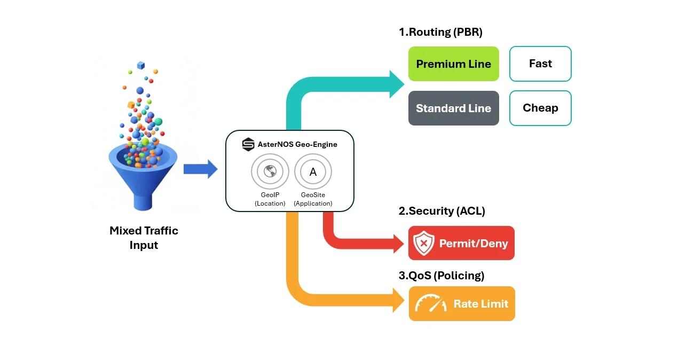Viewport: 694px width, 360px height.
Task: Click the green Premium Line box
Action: [453, 64]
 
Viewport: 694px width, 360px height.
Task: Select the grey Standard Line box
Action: [453, 108]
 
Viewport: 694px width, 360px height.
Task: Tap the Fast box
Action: [540, 64]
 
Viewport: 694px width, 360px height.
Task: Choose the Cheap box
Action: [540, 108]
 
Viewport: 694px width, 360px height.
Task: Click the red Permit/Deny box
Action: [461, 243]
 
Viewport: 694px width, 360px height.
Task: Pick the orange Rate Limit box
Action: [462, 304]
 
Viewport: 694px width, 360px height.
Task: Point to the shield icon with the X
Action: [424, 243]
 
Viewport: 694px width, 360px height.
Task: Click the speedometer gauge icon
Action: [431, 304]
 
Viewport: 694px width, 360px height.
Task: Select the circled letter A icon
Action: [313, 172]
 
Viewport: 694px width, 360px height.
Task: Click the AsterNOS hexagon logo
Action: [248, 144]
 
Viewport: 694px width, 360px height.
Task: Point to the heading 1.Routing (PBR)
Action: [440, 32]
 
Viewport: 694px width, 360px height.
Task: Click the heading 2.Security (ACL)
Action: [441, 211]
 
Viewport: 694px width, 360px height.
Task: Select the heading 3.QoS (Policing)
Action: [441, 276]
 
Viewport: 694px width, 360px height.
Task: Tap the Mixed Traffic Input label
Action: [144, 238]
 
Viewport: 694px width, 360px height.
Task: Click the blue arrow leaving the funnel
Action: [200, 169]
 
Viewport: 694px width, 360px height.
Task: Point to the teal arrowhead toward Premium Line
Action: [397, 84]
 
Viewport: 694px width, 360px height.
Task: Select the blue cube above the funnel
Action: [141, 65]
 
